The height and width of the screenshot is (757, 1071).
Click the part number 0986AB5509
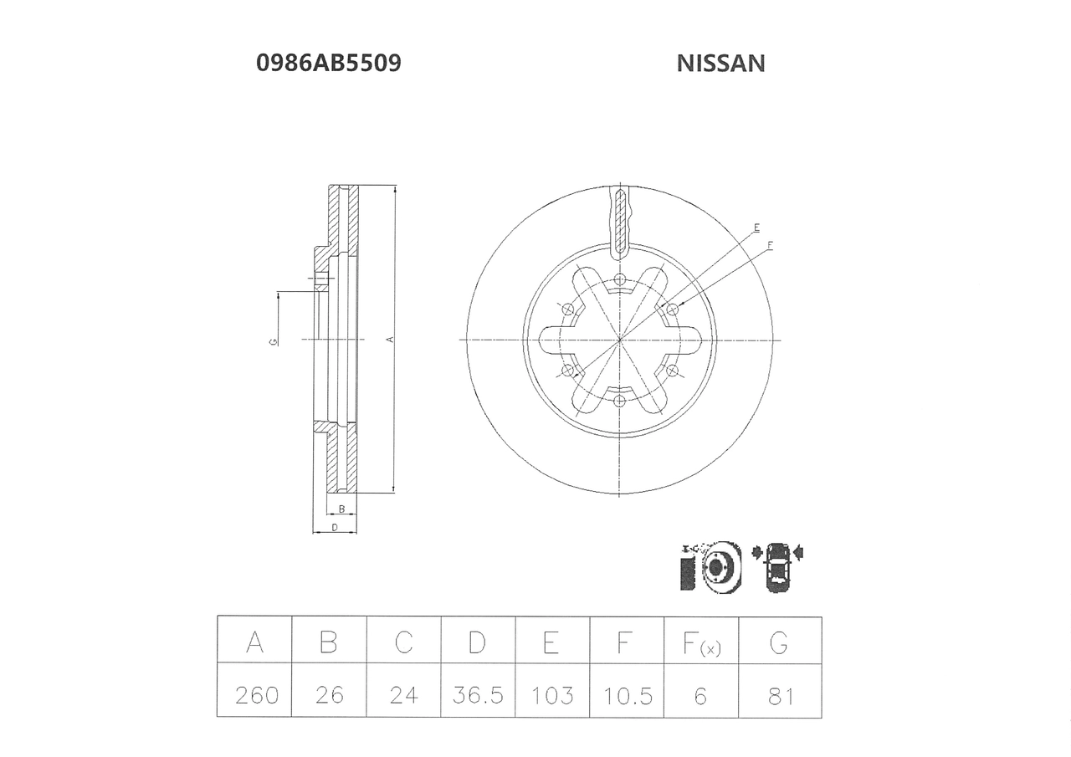(329, 63)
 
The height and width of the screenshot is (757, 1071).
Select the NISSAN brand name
(720, 64)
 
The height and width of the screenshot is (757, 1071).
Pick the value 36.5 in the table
(478, 695)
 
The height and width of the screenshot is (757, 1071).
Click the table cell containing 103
(552, 695)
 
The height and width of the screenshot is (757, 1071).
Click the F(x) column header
(701, 643)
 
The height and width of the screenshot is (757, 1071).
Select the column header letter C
(403, 642)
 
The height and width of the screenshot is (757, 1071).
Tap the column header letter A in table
(254, 642)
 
